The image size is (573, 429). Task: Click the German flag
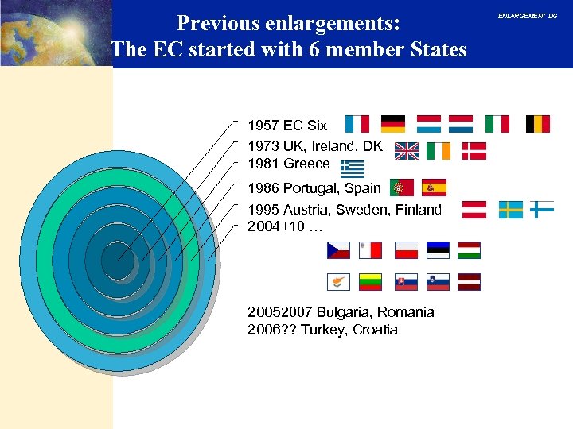[393, 123]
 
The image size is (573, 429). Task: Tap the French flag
[357, 123]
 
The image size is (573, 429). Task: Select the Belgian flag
[538, 123]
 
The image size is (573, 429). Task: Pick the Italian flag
[497, 123]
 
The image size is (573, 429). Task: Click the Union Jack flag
[407, 151]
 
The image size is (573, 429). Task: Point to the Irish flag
[439, 151]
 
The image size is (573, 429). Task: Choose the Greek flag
[352, 168]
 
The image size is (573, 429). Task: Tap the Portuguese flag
[401, 188]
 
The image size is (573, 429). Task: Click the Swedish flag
[511, 210]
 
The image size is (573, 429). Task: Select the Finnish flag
[542, 210]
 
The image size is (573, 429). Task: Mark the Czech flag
[338, 250]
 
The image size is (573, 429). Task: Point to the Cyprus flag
[338, 281]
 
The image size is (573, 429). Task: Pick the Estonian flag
[438, 250]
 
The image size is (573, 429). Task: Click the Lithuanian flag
[371, 281]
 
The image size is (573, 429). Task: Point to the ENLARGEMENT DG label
[528, 16]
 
